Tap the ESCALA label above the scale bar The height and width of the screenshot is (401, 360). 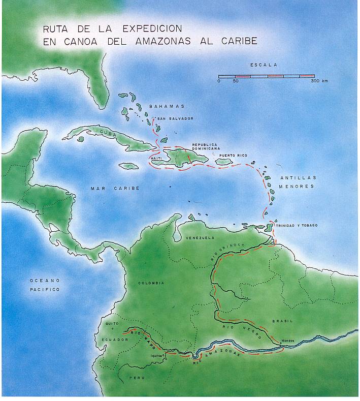click(264, 65)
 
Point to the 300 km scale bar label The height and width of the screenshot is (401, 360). click(319, 81)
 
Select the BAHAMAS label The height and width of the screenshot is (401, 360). click(163, 107)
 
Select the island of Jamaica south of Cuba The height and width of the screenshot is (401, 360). click(129, 166)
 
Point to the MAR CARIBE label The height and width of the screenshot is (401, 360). click(115, 188)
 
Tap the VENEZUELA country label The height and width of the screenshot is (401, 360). click(201, 237)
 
